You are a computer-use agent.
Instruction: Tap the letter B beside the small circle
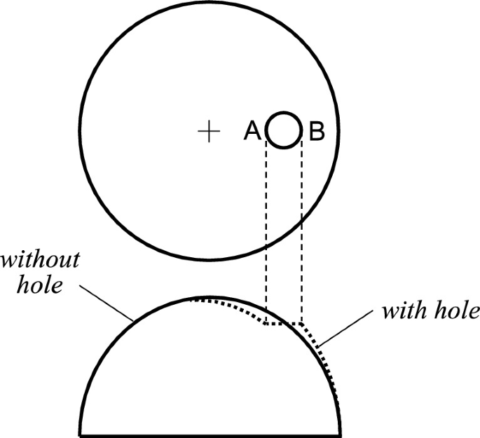(316, 130)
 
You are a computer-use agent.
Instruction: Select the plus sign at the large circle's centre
(208, 131)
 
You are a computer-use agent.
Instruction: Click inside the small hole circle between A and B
(284, 130)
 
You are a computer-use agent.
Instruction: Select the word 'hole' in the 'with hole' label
(456, 310)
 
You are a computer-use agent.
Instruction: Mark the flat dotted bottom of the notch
(284, 324)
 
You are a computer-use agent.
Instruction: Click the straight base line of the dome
(210, 434)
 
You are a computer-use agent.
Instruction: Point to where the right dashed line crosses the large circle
(302, 219)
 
